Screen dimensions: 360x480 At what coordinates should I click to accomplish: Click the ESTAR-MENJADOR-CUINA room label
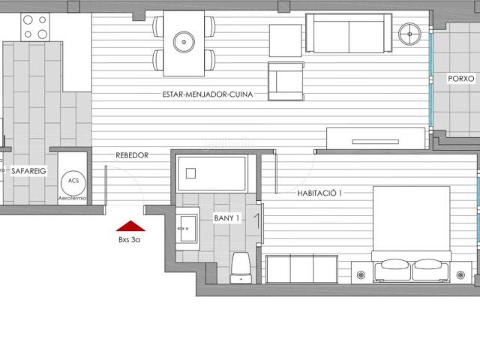(207, 95)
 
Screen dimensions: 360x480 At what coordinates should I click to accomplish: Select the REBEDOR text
(132, 155)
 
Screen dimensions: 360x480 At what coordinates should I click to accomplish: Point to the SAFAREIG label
(28, 171)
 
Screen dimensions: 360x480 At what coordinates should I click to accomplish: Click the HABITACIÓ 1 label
(319, 193)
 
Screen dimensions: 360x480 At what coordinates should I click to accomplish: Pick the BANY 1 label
(226, 218)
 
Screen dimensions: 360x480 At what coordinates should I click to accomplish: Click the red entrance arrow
(130, 226)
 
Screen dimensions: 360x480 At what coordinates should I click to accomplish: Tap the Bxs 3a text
(130, 240)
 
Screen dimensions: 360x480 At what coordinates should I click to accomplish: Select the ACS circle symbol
(73, 181)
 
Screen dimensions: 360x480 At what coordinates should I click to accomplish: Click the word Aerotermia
(72, 197)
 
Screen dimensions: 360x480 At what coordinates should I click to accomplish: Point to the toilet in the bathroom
(241, 266)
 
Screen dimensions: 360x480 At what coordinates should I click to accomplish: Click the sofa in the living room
(349, 33)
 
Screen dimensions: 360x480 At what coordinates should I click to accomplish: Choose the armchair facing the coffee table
(285, 80)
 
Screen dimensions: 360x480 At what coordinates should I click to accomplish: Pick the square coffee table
(285, 40)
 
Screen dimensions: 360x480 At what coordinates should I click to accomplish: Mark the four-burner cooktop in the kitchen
(34, 27)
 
